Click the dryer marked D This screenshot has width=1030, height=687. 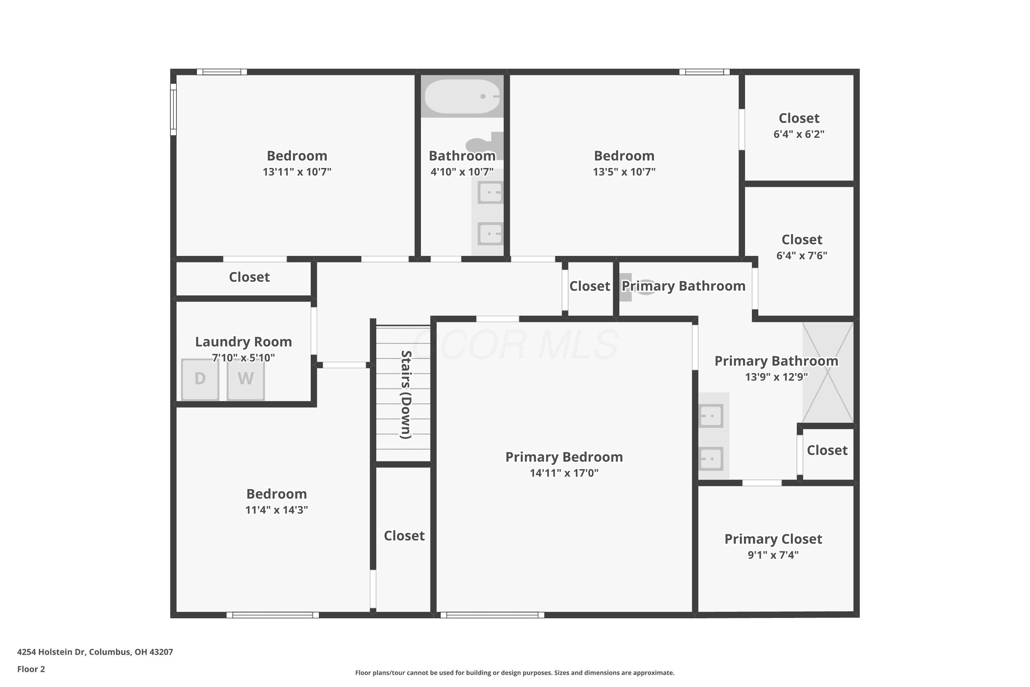[200, 380]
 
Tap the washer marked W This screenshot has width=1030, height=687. [246, 380]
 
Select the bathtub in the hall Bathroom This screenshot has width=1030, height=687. [462, 97]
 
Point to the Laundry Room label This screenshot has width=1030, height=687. [243, 342]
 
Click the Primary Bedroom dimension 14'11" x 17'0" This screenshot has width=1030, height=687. [564, 473]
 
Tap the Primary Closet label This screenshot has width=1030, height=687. [774, 539]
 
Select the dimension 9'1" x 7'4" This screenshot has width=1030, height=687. [774, 555]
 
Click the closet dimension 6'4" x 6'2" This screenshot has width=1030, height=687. [799, 134]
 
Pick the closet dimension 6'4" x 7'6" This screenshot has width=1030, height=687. [802, 256]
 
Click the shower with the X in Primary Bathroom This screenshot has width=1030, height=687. [828, 372]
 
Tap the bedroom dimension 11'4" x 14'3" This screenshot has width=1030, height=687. [277, 510]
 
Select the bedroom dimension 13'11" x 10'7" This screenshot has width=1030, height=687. [297, 172]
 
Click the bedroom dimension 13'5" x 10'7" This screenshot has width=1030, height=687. [624, 172]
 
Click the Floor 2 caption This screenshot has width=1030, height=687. [31, 669]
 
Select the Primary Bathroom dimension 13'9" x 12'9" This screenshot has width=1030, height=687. [776, 377]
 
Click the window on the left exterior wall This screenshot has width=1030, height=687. [173, 110]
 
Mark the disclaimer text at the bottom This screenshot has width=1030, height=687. [515, 673]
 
